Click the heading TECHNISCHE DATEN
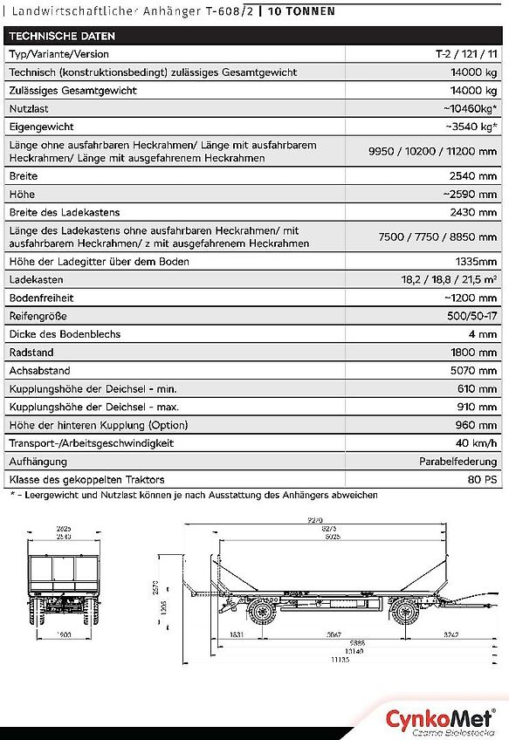(62, 37)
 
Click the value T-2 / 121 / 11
(466, 54)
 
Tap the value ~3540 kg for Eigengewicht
(471, 127)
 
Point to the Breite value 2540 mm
(472, 175)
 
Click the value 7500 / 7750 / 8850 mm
(437, 236)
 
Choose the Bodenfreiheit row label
(40, 298)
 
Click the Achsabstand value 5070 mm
(472, 371)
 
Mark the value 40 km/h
(475, 443)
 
